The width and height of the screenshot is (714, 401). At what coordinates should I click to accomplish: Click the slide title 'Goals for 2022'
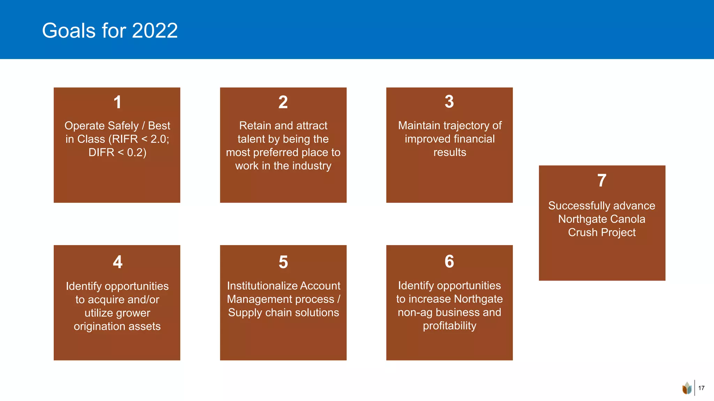point(110,31)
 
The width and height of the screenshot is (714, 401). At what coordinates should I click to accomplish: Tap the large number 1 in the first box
point(117,102)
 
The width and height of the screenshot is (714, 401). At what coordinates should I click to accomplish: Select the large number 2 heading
point(283,102)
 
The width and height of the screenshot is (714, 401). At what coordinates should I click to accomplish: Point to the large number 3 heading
point(449,102)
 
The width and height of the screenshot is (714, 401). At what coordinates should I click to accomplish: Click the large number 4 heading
point(117,262)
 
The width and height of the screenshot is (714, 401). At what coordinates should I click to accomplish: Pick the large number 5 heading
point(283,262)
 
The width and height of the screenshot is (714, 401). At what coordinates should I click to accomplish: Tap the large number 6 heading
point(449,261)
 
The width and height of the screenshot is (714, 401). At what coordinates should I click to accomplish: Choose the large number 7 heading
point(602,181)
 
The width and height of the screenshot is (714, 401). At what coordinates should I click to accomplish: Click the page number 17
point(701,388)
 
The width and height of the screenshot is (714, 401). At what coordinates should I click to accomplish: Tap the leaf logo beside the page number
point(687,388)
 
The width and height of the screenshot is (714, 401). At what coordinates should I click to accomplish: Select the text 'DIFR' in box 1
point(101,152)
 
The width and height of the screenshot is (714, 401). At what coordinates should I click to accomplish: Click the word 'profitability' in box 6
point(449,326)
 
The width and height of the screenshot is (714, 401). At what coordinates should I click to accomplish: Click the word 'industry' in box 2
point(312,166)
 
